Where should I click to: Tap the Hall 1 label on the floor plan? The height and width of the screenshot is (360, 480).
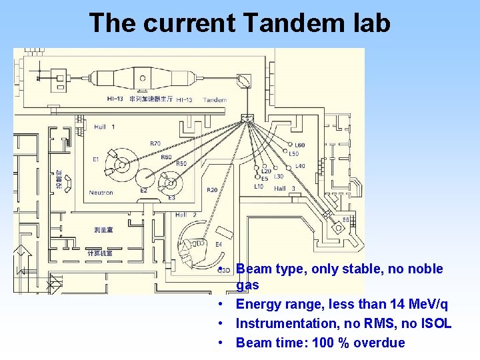104,127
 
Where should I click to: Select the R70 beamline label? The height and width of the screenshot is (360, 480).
155,143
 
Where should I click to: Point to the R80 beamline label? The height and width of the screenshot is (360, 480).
166,157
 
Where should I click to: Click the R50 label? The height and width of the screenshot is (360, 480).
181,163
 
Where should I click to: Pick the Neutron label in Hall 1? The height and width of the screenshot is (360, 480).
101,193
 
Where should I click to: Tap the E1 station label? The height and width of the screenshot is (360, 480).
95,159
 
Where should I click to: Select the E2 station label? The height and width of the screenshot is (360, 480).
143,191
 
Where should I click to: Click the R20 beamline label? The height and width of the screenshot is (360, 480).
211,190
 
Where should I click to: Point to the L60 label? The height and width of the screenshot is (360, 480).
300,145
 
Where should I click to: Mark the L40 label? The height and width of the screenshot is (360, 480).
300,166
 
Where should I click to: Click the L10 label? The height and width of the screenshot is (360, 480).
259,187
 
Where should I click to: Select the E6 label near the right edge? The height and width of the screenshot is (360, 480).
346,219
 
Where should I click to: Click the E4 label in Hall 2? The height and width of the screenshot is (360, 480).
219,245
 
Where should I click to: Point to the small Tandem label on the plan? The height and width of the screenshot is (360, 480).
215,100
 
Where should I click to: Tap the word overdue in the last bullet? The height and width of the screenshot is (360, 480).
379,343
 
